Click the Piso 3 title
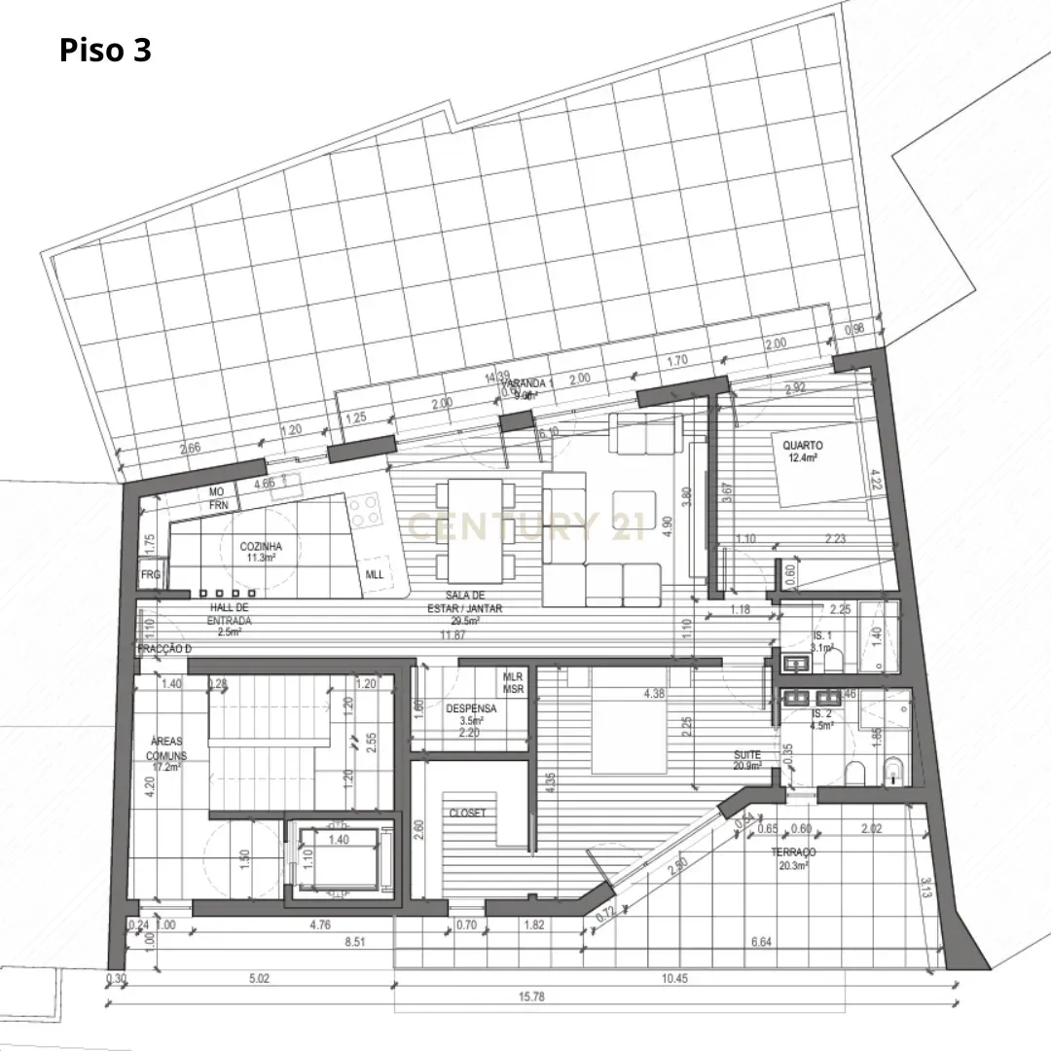pyautogui.click(x=105, y=50)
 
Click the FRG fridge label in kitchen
pyautogui.click(x=150, y=575)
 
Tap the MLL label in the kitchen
pyautogui.click(x=375, y=574)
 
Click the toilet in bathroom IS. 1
pyautogui.click(x=833, y=663)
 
